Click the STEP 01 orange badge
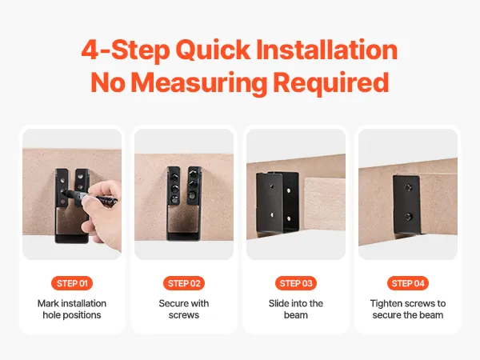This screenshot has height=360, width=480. click(x=72, y=283)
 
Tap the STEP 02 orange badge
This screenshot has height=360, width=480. click(x=184, y=283)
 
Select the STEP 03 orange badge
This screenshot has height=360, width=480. click(x=296, y=283)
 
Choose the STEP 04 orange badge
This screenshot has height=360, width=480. click(x=408, y=283)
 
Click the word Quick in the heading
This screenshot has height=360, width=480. click(x=213, y=50)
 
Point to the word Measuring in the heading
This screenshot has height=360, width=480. click(x=199, y=82)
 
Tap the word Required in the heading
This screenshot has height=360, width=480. click(x=331, y=82)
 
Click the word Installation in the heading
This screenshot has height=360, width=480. click(x=326, y=49)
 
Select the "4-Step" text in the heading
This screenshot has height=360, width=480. click(x=126, y=50)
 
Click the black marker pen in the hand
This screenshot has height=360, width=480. click(x=91, y=198)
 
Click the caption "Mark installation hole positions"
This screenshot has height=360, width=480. click(x=72, y=309)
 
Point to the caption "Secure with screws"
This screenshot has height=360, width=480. click(x=184, y=309)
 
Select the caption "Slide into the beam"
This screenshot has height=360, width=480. click(x=296, y=309)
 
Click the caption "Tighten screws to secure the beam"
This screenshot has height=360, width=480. click(x=408, y=309)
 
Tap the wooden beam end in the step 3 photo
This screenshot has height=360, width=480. click(x=325, y=204)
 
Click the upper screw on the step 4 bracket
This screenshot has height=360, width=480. click(x=408, y=187)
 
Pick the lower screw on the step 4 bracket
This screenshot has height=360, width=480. click(x=408, y=217)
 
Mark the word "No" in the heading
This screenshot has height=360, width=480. click(x=108, y=82)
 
